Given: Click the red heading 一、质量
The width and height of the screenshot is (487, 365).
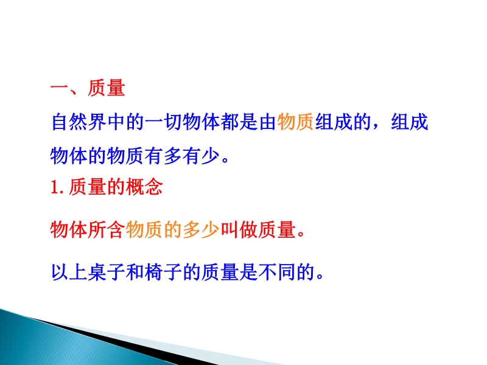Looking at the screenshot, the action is [x=88, y=88].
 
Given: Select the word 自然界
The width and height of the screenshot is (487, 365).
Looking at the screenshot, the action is [x=79, y=122].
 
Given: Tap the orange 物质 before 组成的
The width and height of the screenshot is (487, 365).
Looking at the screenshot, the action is [x=295, y=122].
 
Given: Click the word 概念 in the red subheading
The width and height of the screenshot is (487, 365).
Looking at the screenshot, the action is [x=144, y=187].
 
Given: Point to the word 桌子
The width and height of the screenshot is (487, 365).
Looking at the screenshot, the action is [x=107, y=272].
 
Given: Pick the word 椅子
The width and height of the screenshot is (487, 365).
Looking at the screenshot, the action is [x=163, y=272].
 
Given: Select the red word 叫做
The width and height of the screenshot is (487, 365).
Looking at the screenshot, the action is [x=239, y=230].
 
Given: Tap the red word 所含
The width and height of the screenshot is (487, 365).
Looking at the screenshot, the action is [x=107, y=230].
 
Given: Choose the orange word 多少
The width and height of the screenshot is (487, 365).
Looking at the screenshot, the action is [x=201, y=230].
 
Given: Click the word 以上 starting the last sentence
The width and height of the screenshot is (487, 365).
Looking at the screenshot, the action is [x=69, y=272].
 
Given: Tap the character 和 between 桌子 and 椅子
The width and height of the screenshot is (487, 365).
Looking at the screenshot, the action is [x=135, y=272].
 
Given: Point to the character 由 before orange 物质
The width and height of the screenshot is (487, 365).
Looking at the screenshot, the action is [x=267, y=122].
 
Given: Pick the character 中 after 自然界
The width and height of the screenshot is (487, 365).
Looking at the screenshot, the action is [x=116, y=122].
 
